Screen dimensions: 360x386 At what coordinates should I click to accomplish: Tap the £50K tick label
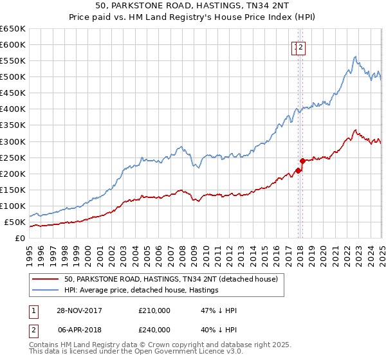point(15,222)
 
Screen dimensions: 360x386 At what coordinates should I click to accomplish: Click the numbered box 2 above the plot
point(300,46)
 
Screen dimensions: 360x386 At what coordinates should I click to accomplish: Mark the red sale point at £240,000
point(302,161)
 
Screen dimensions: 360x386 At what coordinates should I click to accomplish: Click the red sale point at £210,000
point(298,170)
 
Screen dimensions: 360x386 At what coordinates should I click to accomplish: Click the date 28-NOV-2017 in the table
point(80,310)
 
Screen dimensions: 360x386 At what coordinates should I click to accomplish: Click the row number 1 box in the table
point(33,310)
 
